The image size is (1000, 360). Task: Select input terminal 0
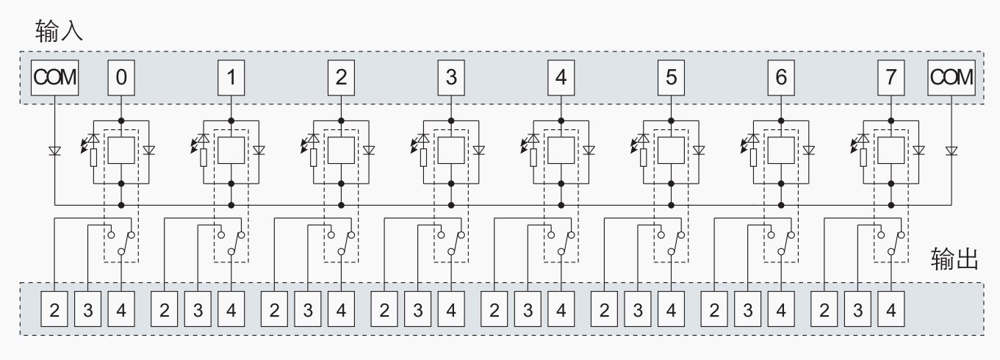(x=121, y=76)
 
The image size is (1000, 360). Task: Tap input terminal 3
(x=451, y=76)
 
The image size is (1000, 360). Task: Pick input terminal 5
(x=671, y=76)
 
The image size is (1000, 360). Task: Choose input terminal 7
(x=891, y=76)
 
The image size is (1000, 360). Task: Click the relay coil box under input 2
(x=341, y=151)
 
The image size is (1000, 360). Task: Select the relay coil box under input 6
(x=781, y=151)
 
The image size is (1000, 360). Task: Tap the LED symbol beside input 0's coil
(x=91, y=139)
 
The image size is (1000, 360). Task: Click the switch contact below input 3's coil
(x=451, y=243)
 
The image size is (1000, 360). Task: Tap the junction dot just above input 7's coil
(x=891, y=119)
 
